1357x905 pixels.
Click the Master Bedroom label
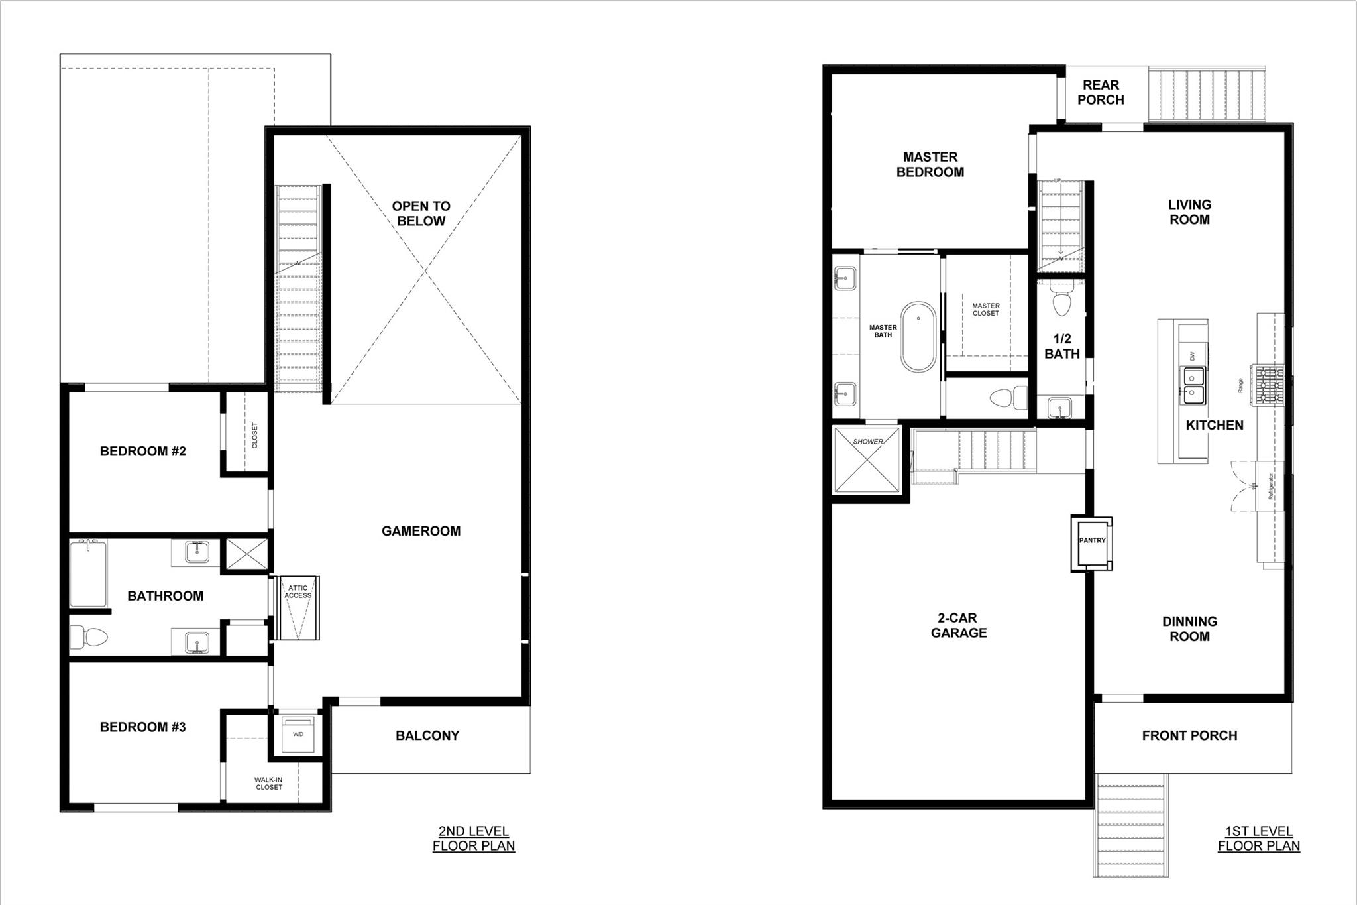point(930,164)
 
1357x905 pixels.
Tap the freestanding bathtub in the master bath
point(918,337)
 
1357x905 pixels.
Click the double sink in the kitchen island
point(1195,386)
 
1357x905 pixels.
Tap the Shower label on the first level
point(867,442)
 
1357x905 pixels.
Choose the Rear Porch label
point(1101,92)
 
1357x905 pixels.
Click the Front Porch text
point(1189,735)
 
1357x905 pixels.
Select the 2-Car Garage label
point(958,625)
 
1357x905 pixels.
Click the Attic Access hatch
point(298,608)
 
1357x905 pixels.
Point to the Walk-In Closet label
point(268,784)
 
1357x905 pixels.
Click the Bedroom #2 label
point(142,452)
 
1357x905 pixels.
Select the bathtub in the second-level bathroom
point(88,574)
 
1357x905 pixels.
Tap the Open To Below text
point(421,213)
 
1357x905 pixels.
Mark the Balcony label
point(427,735)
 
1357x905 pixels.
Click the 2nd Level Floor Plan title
point(473,839)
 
